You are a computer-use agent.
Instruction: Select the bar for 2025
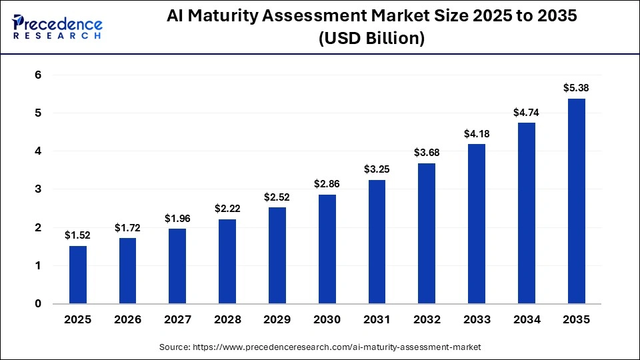(x=78, y=275)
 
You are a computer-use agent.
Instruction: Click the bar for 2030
(x=327, y=249)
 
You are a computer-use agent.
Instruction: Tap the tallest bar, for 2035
(x=576, y=201)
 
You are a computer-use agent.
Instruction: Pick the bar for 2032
(x=427, y=233)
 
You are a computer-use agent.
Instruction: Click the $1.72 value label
(x=127, y=228)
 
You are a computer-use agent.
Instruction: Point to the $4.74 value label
(x=527, y=113)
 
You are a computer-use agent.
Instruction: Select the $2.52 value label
(x=277, y=197)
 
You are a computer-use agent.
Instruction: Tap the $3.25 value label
(x=377, y=169)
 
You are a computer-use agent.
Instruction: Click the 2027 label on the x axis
(x=177, y=319)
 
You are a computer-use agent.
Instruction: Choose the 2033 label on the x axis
(x=477, y=319)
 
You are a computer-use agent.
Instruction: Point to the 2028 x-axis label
(x=227, y=319)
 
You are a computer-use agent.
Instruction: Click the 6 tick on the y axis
(x=38, y=75)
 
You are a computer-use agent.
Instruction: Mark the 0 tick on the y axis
(x=38, y=304)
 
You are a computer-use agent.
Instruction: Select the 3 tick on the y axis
(x=38, y=189)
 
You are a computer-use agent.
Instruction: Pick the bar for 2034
(x=527, y=213)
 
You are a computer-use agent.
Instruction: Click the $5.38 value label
(x=576, y=87)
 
